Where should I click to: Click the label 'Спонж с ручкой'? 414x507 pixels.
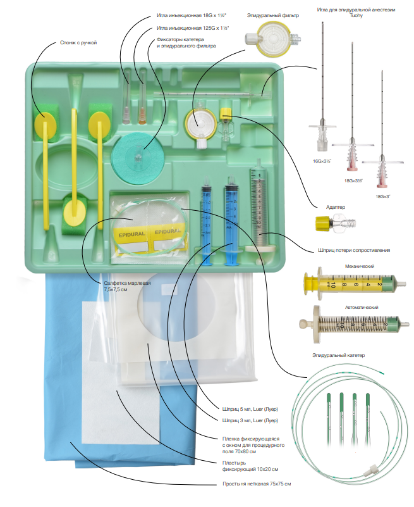coord(78,42)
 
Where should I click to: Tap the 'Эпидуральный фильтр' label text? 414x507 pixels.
coord(273,15)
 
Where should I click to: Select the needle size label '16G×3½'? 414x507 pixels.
coord(322,161)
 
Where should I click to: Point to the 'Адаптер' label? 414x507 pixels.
coord(336,207)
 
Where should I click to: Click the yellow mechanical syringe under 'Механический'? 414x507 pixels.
coord(355,285)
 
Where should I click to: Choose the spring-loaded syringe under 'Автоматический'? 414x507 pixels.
coord(355,324)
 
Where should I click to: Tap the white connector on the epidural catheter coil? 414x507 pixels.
coord(371,470)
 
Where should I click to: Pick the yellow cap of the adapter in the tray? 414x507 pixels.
coord(226,113)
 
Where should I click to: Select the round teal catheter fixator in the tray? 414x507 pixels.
coord(138,156)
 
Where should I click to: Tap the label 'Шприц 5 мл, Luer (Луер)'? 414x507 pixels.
coord(250,409)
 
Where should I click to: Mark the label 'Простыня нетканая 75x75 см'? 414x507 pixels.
coord(257,484)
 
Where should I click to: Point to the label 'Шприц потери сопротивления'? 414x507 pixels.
coord(354,250)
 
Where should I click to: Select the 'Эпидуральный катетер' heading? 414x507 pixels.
coord(338,355)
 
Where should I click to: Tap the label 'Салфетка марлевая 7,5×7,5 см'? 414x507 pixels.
coord(127,286)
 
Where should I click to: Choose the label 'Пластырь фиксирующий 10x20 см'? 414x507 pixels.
coord(250,466)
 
